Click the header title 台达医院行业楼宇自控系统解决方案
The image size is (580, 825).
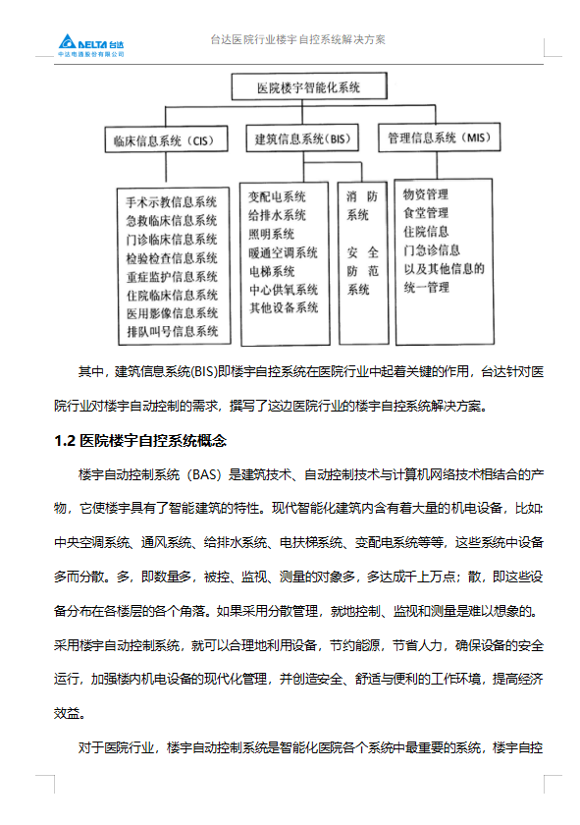point(297,40)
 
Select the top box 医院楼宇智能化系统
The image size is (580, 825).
point(307,87)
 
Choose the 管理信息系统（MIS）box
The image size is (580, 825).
point(437,137)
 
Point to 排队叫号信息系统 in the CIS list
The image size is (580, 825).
point(172,332)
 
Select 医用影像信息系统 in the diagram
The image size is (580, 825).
point(172,313)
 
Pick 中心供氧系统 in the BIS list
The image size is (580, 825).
point(283,290)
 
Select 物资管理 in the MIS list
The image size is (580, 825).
point(425,194)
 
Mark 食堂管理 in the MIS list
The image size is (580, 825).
point(425,213)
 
